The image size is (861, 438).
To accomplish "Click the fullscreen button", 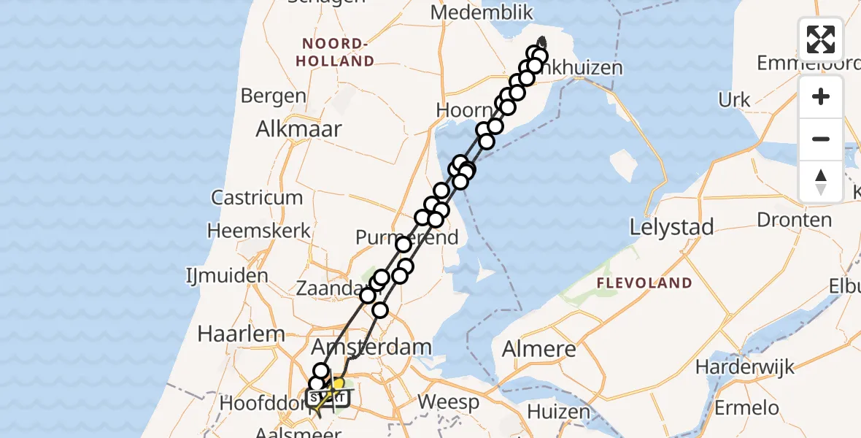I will [x=821, y=39].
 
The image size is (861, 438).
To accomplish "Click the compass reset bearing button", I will [x=821, y=180].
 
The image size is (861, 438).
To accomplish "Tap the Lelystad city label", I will [x=671, y=228].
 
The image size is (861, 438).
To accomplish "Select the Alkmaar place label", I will [x=298, y=129].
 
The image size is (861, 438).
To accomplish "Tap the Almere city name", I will [x=540, y=349].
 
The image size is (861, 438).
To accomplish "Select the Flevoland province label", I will [x=644, y=283].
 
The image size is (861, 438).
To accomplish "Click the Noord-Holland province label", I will [x=336, y=53].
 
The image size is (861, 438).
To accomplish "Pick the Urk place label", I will [x=734, y=100].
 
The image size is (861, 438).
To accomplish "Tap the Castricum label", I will [x=256, y=197].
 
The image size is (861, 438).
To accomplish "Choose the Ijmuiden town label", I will [x=227, y=276].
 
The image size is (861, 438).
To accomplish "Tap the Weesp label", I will [x=449, y=401].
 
